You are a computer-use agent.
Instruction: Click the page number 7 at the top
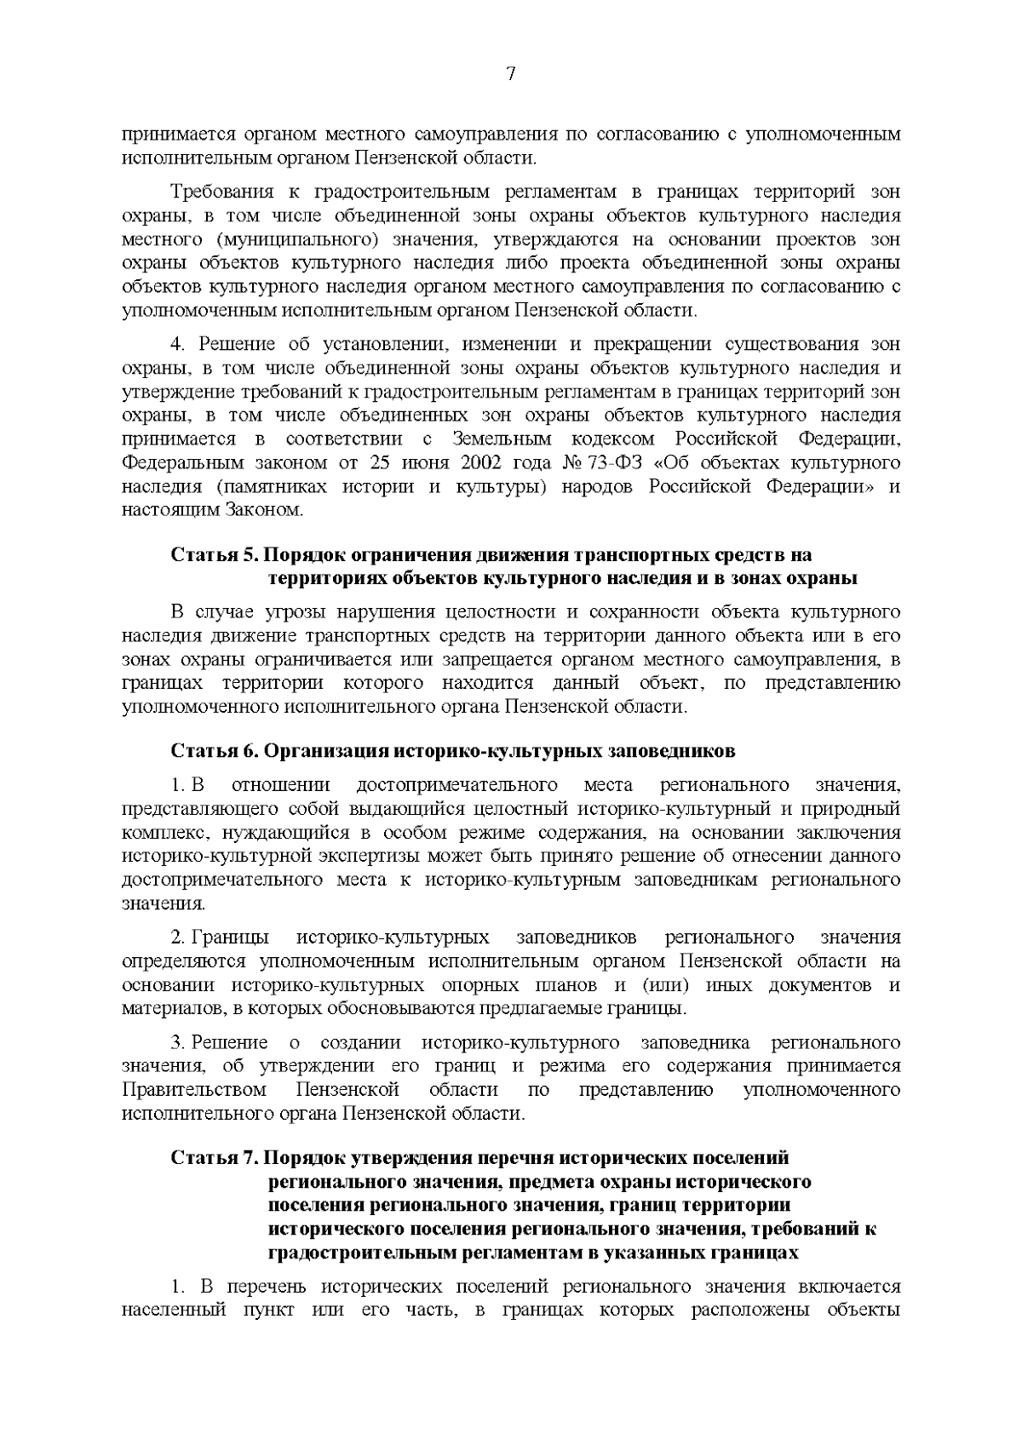click(x=511, y=74)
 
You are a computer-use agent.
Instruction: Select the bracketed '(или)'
click(x=654, y=985)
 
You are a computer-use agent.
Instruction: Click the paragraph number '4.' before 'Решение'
click(x=178, y=344)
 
